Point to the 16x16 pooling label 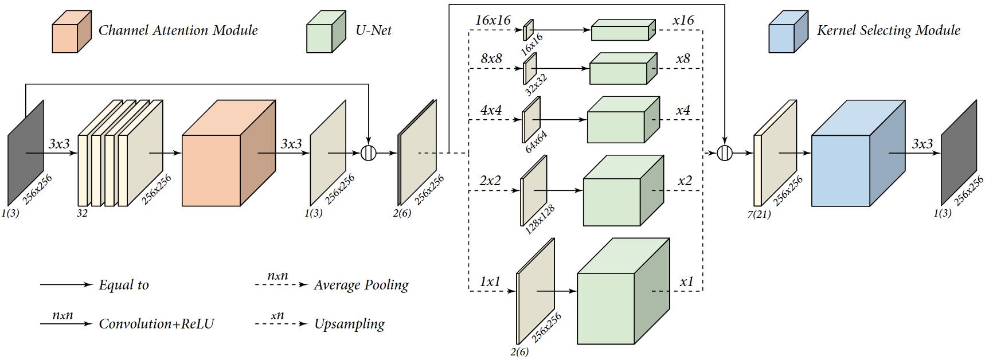click(x=492, y=19)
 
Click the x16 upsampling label click(x=683, y=20)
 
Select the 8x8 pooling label click(x=491, y=58)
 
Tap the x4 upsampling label click(x=682, y=110)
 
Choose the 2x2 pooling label click(x=490, y=181)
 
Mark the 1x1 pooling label click(x=490, y=281)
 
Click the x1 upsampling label click(x=686, y=281)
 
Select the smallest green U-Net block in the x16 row click(x=621, y=31)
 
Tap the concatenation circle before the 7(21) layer click(x=725, y=153)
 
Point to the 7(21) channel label click(x=759, y=214)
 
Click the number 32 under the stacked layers click(x=82, y=213)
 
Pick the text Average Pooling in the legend click(x=361, y=285)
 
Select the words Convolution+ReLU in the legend click(x=156, y=324)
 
